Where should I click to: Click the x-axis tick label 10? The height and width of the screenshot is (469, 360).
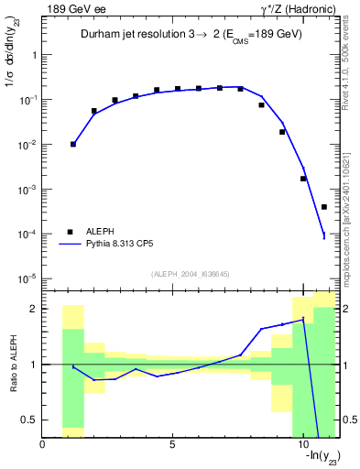302,444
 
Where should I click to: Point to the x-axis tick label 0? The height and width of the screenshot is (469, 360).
43,444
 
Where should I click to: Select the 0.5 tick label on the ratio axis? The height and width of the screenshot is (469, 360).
29,420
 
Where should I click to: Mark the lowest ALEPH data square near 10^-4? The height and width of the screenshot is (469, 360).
324,207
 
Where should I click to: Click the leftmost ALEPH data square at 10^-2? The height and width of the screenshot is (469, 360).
73,144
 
